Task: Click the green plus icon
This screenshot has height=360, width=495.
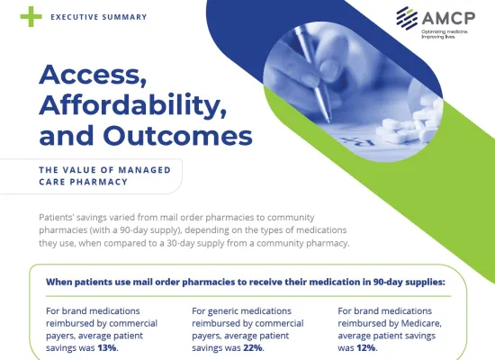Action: tap(31, 16)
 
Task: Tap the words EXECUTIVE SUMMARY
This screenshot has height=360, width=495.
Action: tap(99, 17)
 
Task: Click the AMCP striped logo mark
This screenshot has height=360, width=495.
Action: tap(407, 18)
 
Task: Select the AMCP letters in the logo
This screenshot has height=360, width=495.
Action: tap(448, 18)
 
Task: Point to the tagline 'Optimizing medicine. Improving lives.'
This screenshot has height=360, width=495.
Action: tap(445, 34)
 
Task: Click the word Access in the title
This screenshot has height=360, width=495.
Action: tap(93, 75)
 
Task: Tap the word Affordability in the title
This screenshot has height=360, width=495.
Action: tap(133, 105)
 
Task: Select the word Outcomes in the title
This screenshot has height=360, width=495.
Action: tap(177, 135)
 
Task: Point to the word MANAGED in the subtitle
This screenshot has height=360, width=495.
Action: tap(144, 170)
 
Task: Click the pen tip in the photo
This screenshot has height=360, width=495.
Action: tap(328, 121)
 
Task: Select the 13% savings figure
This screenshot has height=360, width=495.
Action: tap(107, 348)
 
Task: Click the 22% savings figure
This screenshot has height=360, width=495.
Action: tap(253, 348)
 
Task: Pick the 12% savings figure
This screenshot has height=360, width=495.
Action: tap(366, 348)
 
